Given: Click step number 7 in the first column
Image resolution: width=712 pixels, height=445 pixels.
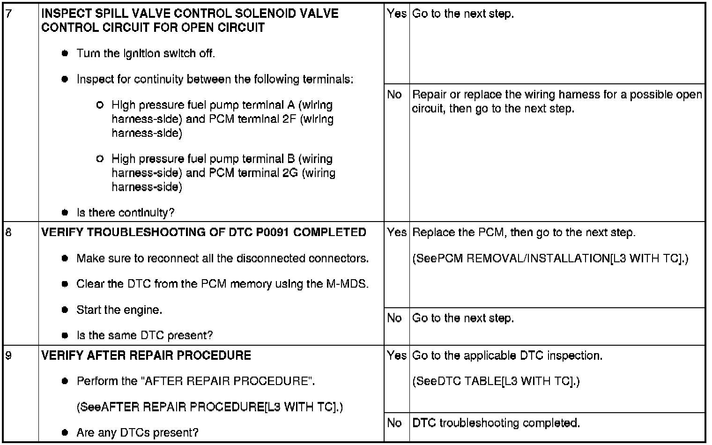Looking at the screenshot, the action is [x=8, y=14].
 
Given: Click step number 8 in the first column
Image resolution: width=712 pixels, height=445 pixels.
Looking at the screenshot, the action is [x=8, y=232].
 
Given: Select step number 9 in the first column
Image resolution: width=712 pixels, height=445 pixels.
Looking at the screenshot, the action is [x=8, y=356].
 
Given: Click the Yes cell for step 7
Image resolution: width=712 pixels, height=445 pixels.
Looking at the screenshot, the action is [x=396, y=14].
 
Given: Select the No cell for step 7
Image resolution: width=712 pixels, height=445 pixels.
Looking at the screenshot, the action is [x=394, y=95].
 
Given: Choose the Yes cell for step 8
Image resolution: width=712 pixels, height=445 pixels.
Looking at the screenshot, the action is [x=396, y=232].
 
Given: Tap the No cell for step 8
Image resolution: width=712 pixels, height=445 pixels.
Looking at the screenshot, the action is [x=394, y=318].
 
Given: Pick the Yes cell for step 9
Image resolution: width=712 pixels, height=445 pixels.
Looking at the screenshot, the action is [x=396, y=356].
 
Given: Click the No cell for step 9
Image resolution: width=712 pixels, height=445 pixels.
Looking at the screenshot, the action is [x=394, y=423].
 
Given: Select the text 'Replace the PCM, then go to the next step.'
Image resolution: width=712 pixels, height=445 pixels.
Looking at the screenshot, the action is [x=524, y=232].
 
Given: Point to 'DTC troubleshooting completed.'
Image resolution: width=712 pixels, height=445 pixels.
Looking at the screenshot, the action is [x=496, y=423].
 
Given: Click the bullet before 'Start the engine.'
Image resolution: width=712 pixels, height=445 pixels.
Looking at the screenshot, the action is [x=66, y=310].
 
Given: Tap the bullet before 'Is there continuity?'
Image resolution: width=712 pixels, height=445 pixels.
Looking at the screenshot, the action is [x=66, y=213].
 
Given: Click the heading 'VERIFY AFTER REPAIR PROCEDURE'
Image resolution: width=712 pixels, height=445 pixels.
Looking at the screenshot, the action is [x=146, y=356].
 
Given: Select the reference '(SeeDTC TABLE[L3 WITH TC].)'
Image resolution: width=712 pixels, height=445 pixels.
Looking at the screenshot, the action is [x=496, y=381].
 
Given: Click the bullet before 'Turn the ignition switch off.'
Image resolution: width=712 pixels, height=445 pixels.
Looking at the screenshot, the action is [x=66, y=53].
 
